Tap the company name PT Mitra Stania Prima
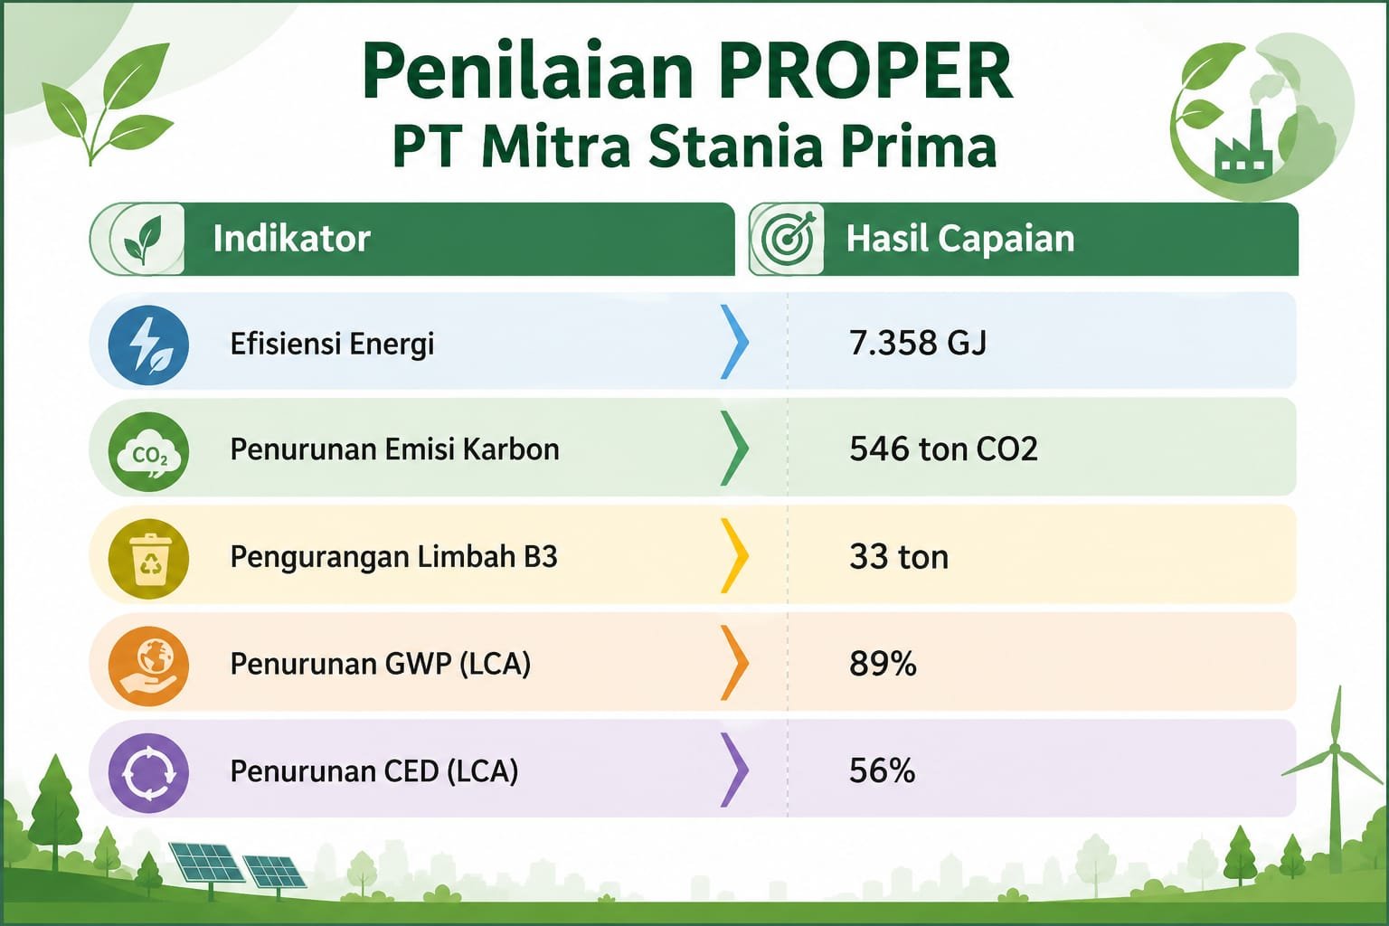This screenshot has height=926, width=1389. point(694,146)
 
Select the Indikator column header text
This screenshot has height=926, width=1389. point(291,239)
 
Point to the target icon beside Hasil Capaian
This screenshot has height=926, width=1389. point(787,240)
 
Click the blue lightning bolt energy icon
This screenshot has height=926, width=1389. point(148,345)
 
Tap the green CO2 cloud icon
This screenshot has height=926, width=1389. point(148,451)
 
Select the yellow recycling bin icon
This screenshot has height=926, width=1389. point(148,558)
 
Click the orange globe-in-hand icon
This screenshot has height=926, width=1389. point(148,666)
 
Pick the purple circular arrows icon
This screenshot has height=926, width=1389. point(148,772)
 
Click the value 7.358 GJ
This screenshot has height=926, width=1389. point(918,343)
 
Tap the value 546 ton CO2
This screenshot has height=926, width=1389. point(943,449)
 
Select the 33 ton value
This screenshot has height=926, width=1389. point(899,556)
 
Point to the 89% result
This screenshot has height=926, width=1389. point(883,664)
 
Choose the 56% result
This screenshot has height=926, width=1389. point(882,771)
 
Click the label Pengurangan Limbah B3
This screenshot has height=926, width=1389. point(393,557)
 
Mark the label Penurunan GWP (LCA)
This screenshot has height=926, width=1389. point(380,665)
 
